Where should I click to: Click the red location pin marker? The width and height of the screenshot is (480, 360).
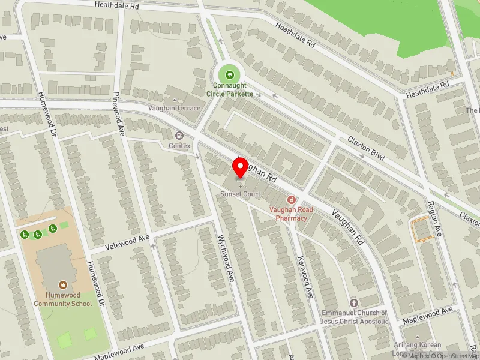(x=241, y=167)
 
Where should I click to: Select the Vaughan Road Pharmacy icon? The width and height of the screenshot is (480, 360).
(x=292, y=199)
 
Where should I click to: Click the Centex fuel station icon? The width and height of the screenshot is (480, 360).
(x=179, y=135)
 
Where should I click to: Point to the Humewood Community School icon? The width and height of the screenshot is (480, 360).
(x=62, y=284)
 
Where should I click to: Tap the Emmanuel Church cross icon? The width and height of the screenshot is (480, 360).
(x=354, y=303)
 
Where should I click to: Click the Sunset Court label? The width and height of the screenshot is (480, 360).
(x=241, y=194)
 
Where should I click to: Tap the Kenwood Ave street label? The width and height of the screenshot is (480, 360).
(x=304, y=277)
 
